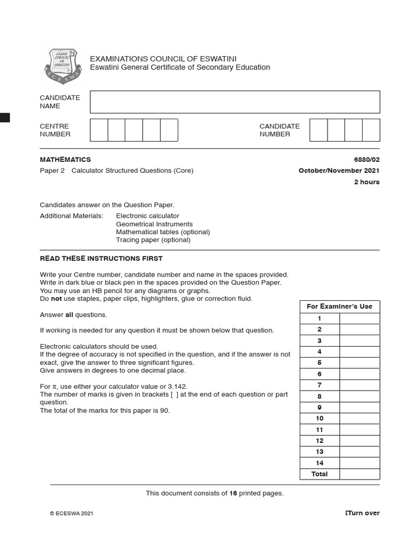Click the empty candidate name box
click(235, 102)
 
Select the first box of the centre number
click(98, 130)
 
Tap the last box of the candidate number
click(371, 130)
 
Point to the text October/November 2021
click(339, 171)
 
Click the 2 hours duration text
click(366, 182)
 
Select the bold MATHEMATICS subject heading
click(65, 160)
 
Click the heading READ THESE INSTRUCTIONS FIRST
click(101, 259)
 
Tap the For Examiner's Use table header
click(340, 307)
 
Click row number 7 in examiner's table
click(319, 385)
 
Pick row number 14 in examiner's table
click(319, 463)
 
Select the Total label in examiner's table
click(319, 474)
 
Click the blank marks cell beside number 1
click(359, 318)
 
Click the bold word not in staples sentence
click(56, 299)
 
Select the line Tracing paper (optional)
click(153, 240)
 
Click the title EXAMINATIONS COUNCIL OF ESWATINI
click(163, 59)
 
